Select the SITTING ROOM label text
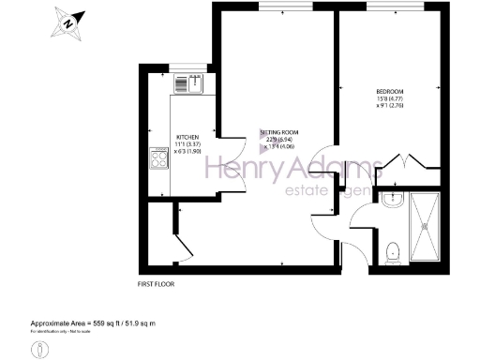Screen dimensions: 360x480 pos(278,134)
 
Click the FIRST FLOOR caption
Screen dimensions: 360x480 pos(155,283)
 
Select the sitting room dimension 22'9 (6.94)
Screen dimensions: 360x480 pos(278,142)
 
